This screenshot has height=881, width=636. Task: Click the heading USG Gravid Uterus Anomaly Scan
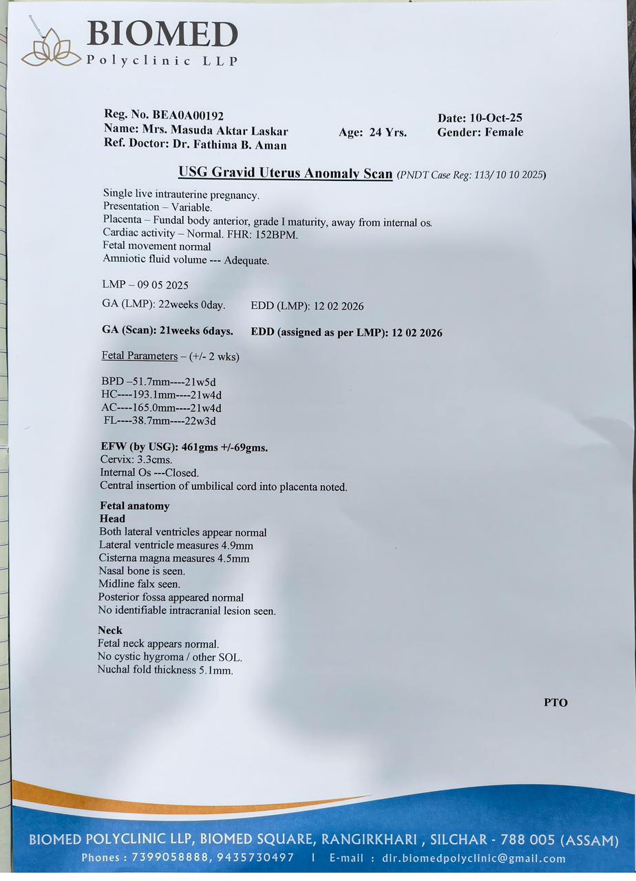click(286, 172)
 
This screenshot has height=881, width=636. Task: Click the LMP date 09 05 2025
click(162, 285)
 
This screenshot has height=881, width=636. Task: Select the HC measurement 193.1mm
click(154, 394)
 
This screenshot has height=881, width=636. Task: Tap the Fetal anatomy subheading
click(135, 506)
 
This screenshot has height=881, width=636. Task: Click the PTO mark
click(555, 703)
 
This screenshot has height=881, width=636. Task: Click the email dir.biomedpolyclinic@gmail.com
click(468, 858)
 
